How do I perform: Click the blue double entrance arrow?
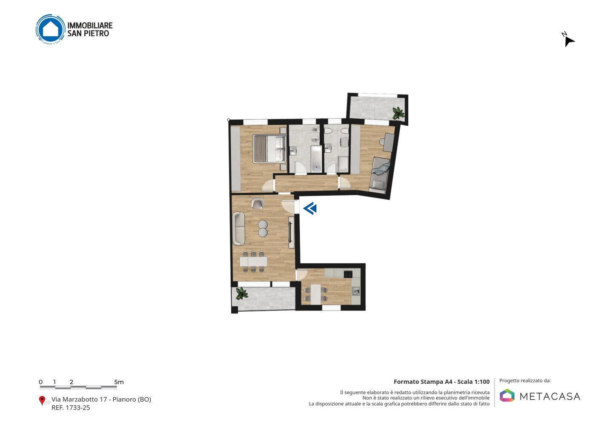(310, 208)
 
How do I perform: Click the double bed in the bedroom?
(269, 149)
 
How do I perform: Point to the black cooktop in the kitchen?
(348, 274)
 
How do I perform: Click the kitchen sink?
(356, 291)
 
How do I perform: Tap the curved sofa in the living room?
(239, 229)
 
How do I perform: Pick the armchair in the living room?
(257, 203)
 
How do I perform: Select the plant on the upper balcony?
(398, 113)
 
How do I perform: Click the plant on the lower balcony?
(242, 294)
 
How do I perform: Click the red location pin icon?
(42, 401)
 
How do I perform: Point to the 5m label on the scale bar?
(119, 382)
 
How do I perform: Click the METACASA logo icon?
(507, 395)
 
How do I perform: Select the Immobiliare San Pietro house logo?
(51, 29)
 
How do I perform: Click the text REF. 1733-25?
(71, 407)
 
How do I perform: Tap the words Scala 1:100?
(473, 382)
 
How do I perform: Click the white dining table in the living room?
(253, 261)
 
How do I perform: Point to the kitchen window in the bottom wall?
(331, 308)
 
